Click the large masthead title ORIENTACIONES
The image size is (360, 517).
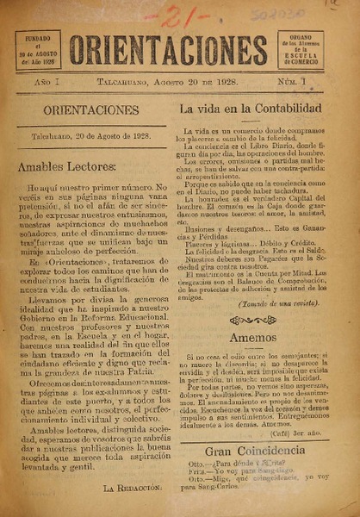click(168, 50)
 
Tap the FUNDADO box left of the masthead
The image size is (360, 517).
click(37, 49)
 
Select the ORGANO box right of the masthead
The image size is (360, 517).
click(301, 49)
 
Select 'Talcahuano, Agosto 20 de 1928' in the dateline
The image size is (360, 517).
click(179, 84)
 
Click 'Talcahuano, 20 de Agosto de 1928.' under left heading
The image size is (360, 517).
click(84, 137)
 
